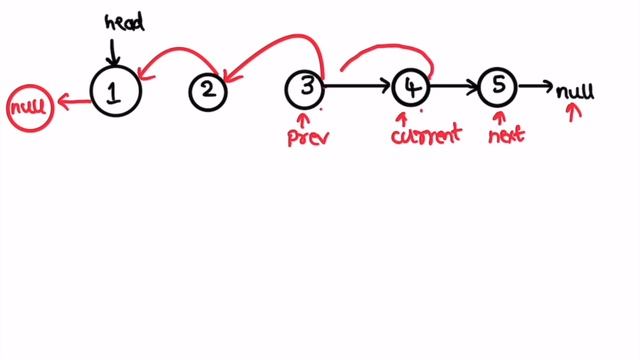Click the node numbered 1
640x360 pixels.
click(x=115, y=91)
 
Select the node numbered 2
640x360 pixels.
click(x=208, y=91)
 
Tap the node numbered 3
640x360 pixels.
click(x=304, y=88)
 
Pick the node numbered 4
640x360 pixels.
click(x=410, y=88)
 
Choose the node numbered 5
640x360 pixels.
click(x=497, y=88)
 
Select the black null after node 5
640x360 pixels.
click(x=575, y=92)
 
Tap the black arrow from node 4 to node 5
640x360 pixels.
click(x=453, y=88)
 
